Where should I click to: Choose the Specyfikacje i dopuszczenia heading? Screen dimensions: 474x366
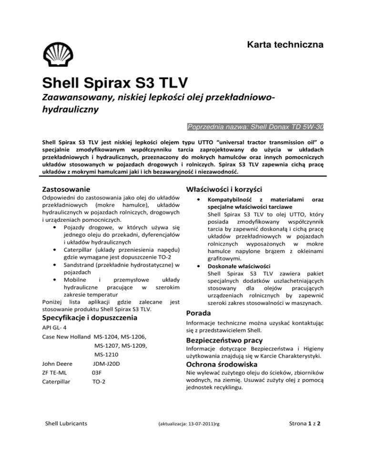90,317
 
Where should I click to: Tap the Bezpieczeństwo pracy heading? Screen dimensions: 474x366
223,341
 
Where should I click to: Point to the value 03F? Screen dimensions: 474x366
98,377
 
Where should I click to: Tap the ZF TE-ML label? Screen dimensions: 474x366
55,377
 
